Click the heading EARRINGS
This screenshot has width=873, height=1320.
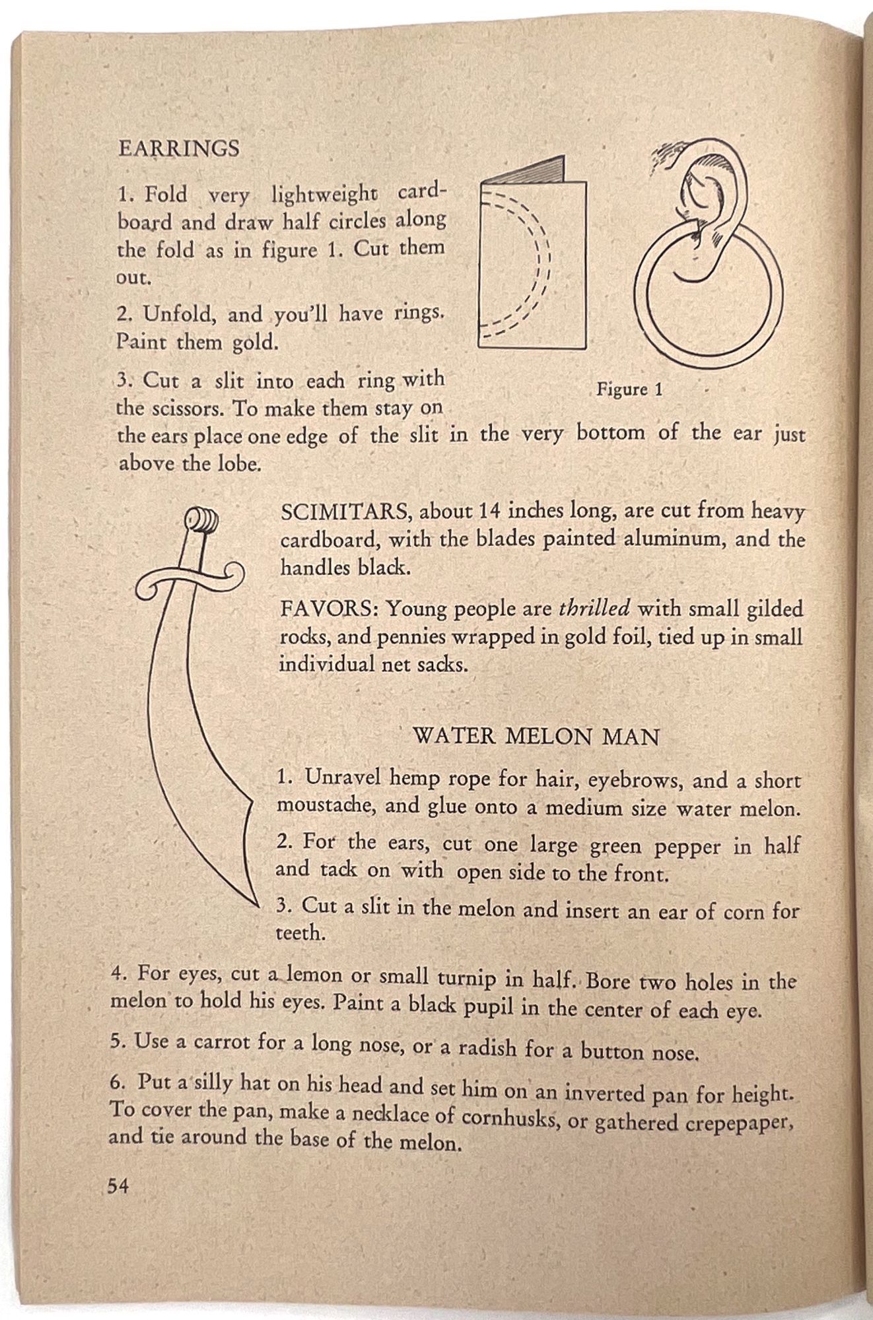tap(178, 148)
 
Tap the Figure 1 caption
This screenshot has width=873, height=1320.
tap(629, 389)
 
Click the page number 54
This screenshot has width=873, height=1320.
tap(118, 1186)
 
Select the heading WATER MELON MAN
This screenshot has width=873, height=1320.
tap(536, 737)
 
